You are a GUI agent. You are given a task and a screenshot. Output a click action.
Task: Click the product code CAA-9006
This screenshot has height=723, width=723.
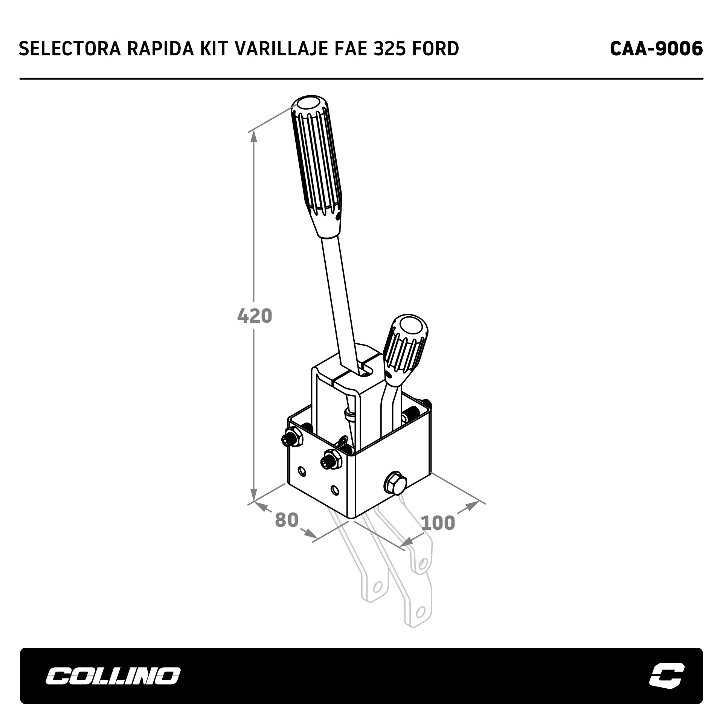[x=656, y=49]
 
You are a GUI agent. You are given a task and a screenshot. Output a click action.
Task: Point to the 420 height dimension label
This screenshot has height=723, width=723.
[x=255, y=316]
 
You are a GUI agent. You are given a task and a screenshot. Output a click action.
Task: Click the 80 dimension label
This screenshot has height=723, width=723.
[x=287, y=520]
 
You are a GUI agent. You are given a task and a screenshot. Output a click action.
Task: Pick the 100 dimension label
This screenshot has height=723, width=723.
[x=438, y=523]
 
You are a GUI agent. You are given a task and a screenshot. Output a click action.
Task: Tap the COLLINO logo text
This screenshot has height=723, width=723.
[x=113, y=676]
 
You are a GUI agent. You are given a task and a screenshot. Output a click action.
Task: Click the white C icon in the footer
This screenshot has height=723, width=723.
[x=667, y=676]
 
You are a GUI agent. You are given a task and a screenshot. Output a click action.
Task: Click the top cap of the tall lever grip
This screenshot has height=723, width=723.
[x=308, y=104]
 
